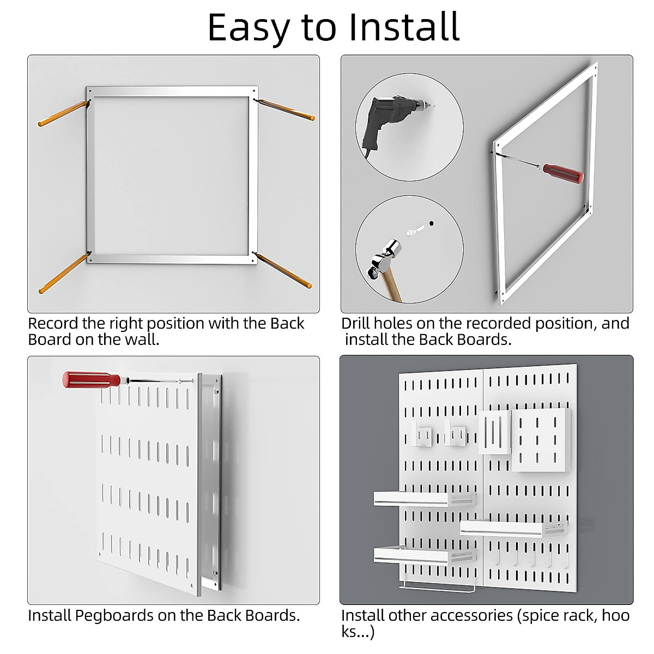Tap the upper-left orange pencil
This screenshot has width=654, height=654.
coord(62,113)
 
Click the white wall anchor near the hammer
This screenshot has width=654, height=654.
coord(415,228)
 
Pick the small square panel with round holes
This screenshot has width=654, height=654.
coord(541,440)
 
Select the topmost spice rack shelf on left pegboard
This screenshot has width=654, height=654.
coord(423,498)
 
